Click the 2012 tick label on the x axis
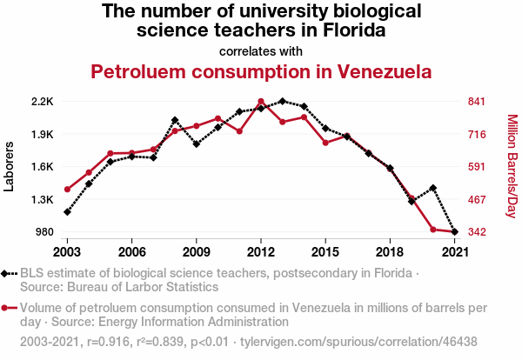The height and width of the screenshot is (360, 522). [x=261, y=251]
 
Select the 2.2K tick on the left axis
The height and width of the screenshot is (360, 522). [x=42, y=102]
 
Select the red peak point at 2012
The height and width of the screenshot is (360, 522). [x=261, y=102]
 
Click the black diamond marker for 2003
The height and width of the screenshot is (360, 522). [x=67, y=212]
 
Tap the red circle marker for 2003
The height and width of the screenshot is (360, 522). [x=67, y=189]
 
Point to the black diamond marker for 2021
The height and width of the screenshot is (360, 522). [x=455, y=232]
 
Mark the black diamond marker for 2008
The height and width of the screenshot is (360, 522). [x=175, y=120]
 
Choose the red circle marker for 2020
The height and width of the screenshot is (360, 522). [x=433, y=230]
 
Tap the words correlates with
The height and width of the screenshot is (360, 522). [x=261, y=50]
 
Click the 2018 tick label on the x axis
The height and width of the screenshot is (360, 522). [x=390, y=251]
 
